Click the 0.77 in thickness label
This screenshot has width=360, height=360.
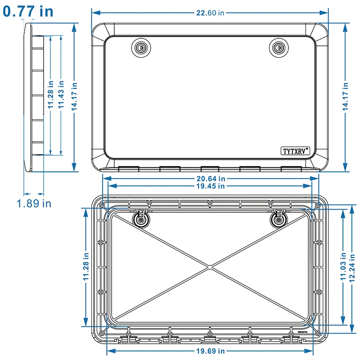click(x=28, y=11)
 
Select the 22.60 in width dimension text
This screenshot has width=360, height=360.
click(x=210, y=13)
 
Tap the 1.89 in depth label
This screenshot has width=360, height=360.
click(x=34, y=203)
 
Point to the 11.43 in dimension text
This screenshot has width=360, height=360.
click(x=61, y=95)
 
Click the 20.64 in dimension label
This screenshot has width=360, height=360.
click(x=210, y=179)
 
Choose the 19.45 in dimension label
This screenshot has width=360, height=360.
click(x=210, y=186)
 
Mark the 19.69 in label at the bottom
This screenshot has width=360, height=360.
click(x=210, y=351)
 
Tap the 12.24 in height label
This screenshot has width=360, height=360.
click(x=354, y=265)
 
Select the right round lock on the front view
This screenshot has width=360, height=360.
click(x=279, y=47)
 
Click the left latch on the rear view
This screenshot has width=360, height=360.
click(x=141, y=219)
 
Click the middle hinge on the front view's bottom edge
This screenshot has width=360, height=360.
click(x=210, y=169)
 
